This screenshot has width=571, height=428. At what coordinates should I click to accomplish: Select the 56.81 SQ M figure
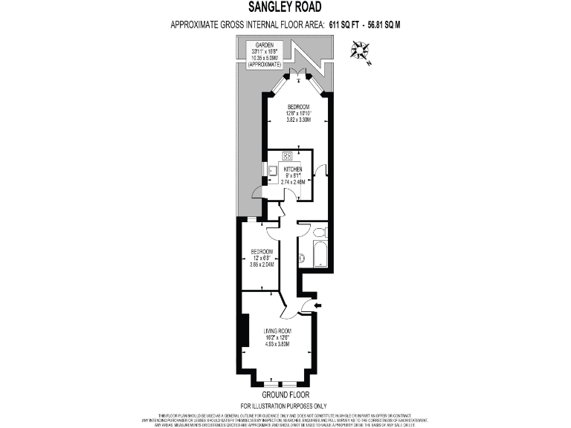pyautogui.click(x=383, y=25)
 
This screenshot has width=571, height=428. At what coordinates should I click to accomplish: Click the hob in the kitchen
pyautogui.click(x=288, y=156)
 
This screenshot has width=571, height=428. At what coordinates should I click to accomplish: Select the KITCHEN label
pyautogui.click(x=291, y=169)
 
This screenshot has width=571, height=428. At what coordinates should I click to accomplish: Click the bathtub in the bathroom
pyautogui.click(x=320, y=252)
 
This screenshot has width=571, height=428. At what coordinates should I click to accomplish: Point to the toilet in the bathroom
pyautogui.click(x=302, y=259)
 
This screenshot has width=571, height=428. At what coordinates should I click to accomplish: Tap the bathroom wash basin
pyautogui.click(x=320, y=233)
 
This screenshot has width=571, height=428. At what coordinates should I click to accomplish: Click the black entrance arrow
pyautogui.click(x=317, y=305)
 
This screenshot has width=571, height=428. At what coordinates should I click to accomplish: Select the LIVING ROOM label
pyautogui.click(x=277, y=331)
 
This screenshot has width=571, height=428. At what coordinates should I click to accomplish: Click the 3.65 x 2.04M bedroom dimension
pyautogui.click(x=261, y=265)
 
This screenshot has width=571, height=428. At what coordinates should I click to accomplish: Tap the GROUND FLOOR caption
pyautogui.click(x=285, y=395)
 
